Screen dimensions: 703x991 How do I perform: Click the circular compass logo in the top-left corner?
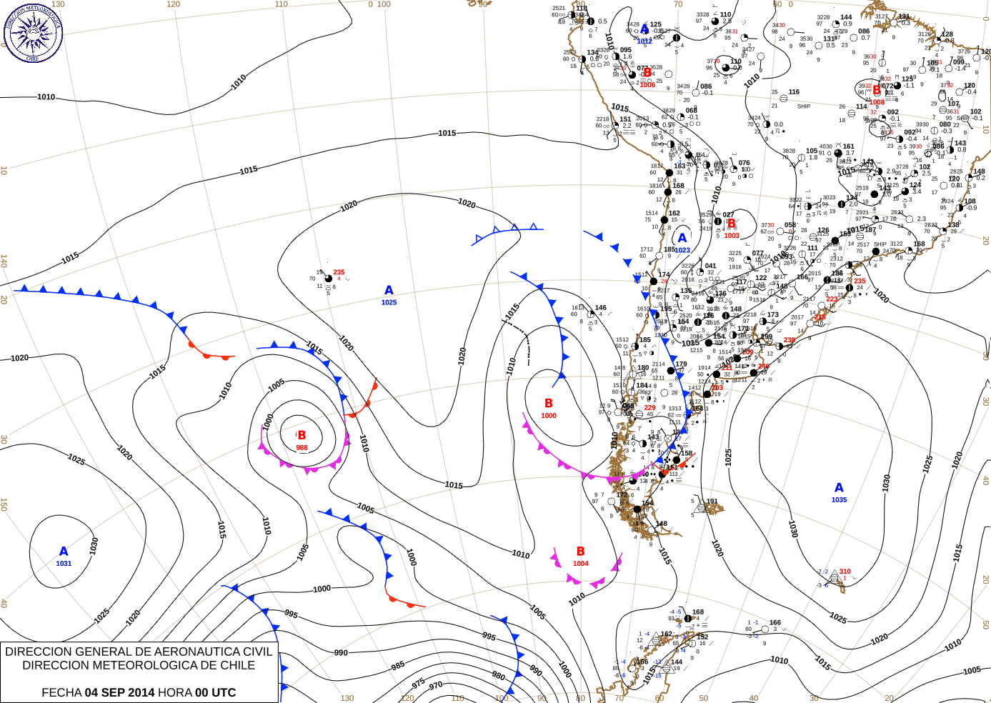click(33, 32)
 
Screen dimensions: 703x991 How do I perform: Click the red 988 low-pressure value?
click(302, 448)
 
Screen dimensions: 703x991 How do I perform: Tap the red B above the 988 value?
click(302, 435)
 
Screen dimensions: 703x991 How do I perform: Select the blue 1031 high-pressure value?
click(64, 564)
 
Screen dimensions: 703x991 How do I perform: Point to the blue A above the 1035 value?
click(839, 488)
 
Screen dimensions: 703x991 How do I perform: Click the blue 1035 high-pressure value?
click(839, 500)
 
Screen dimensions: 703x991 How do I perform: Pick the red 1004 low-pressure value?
click(581, 564)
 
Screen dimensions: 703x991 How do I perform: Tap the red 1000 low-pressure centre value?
click(549, 416)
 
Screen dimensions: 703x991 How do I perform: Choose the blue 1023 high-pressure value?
click(682, 251)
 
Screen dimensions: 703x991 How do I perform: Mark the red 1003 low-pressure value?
click(732, 236)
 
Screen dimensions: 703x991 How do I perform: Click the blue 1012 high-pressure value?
click(644, 41)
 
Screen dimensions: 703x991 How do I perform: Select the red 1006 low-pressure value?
click(647, 85)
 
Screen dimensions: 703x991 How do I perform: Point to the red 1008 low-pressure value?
click(877, 102)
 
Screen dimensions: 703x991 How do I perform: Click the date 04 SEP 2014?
click(119, 692)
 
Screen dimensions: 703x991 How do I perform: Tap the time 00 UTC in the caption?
click(216, 692)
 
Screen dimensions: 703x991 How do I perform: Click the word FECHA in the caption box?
click(61, 692)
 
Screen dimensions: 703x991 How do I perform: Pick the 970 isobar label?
click(436, 686)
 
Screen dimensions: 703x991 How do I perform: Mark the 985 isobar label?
click(398, 667)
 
